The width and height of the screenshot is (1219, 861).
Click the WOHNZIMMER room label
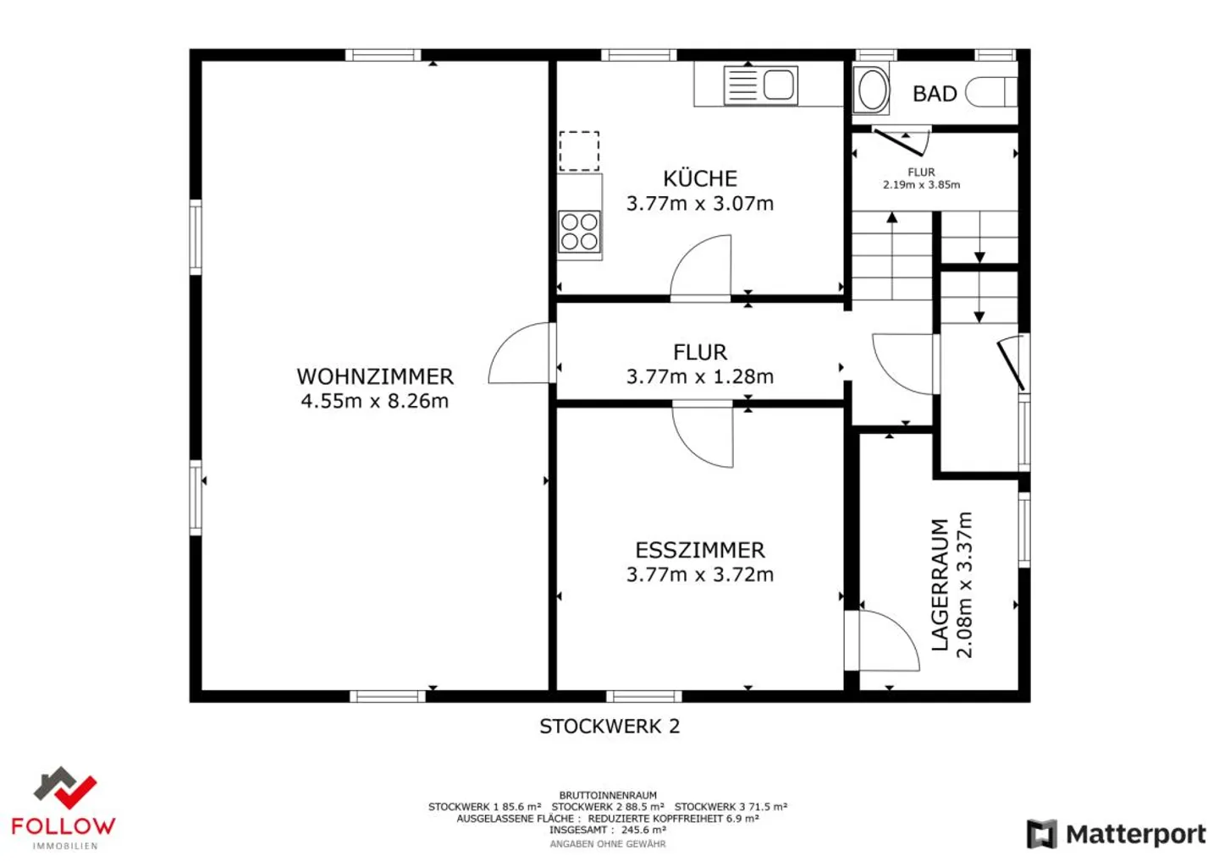click(374, 376)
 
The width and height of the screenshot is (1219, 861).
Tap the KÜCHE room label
click(699, 178)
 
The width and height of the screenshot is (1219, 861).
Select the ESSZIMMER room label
click(699, 550)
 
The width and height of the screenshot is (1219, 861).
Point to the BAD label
click(934, 94)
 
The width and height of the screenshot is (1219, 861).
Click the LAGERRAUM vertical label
click(940, 584)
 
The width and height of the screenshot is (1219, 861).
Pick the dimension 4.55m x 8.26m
click(374, 401)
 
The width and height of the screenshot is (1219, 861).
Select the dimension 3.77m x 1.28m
click(699, 376)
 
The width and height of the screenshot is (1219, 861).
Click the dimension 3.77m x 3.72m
click(699, 574)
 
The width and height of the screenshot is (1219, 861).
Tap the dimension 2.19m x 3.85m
click(921, 184)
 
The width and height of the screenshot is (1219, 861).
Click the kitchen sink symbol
click(760, 85)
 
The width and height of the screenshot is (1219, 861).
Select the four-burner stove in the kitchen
click(580, 232)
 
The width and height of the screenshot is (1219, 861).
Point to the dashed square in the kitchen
click(579, 151)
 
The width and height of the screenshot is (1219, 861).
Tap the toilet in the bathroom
click(990, 92)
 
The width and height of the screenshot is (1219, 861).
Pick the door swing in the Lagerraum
click(889, 640)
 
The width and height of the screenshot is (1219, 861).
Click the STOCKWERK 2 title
click(609, 726)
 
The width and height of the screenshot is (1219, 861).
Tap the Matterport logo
click(1116, 834)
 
